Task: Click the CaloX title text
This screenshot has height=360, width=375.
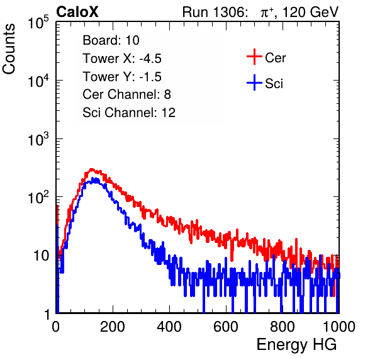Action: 77,12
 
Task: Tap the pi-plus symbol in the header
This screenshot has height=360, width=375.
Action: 267,12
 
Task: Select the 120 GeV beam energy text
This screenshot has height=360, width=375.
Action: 310,12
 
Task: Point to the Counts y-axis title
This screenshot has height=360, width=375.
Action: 9,49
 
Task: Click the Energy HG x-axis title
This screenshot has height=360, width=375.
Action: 296,345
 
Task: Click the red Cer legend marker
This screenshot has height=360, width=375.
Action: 254,57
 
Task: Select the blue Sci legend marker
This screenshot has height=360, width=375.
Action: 254,83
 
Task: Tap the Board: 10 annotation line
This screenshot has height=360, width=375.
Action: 111,40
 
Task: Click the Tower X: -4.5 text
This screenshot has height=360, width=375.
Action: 122,59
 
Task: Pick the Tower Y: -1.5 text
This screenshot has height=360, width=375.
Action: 122,77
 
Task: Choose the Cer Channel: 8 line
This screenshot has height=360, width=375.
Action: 126,94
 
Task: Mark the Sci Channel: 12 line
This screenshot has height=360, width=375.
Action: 129,113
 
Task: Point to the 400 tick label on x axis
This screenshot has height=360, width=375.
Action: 169,327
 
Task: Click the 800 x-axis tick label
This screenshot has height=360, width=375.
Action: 283,327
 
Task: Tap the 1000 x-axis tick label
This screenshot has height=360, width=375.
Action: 339,327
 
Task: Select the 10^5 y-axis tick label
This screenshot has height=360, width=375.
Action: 38,22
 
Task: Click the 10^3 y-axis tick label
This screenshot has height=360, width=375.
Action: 38,139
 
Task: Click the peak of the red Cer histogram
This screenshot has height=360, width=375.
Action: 91,169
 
